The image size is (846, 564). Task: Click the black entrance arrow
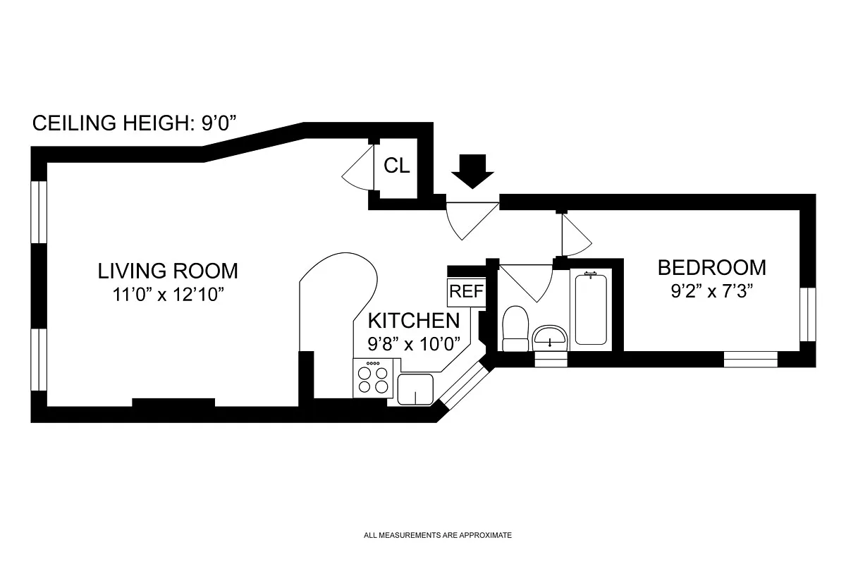point(472,171)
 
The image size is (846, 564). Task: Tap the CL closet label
point(396,166)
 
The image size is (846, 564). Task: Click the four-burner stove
point(373,379)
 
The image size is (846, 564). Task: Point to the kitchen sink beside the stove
point(415,388)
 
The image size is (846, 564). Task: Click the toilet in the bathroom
point(516,329)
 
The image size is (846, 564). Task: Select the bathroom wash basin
point(550,337)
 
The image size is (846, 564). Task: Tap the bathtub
point(590,309)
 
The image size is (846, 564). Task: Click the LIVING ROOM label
point(168,270)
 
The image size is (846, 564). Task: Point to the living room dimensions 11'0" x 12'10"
point(168,294)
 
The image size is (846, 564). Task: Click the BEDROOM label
point(711,268)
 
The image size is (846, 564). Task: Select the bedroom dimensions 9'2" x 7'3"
point(711,290)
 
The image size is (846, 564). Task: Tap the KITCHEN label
point(414,321)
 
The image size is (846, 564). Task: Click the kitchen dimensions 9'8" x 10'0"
point(414,344)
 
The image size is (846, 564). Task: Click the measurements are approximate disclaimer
point(437,535)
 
